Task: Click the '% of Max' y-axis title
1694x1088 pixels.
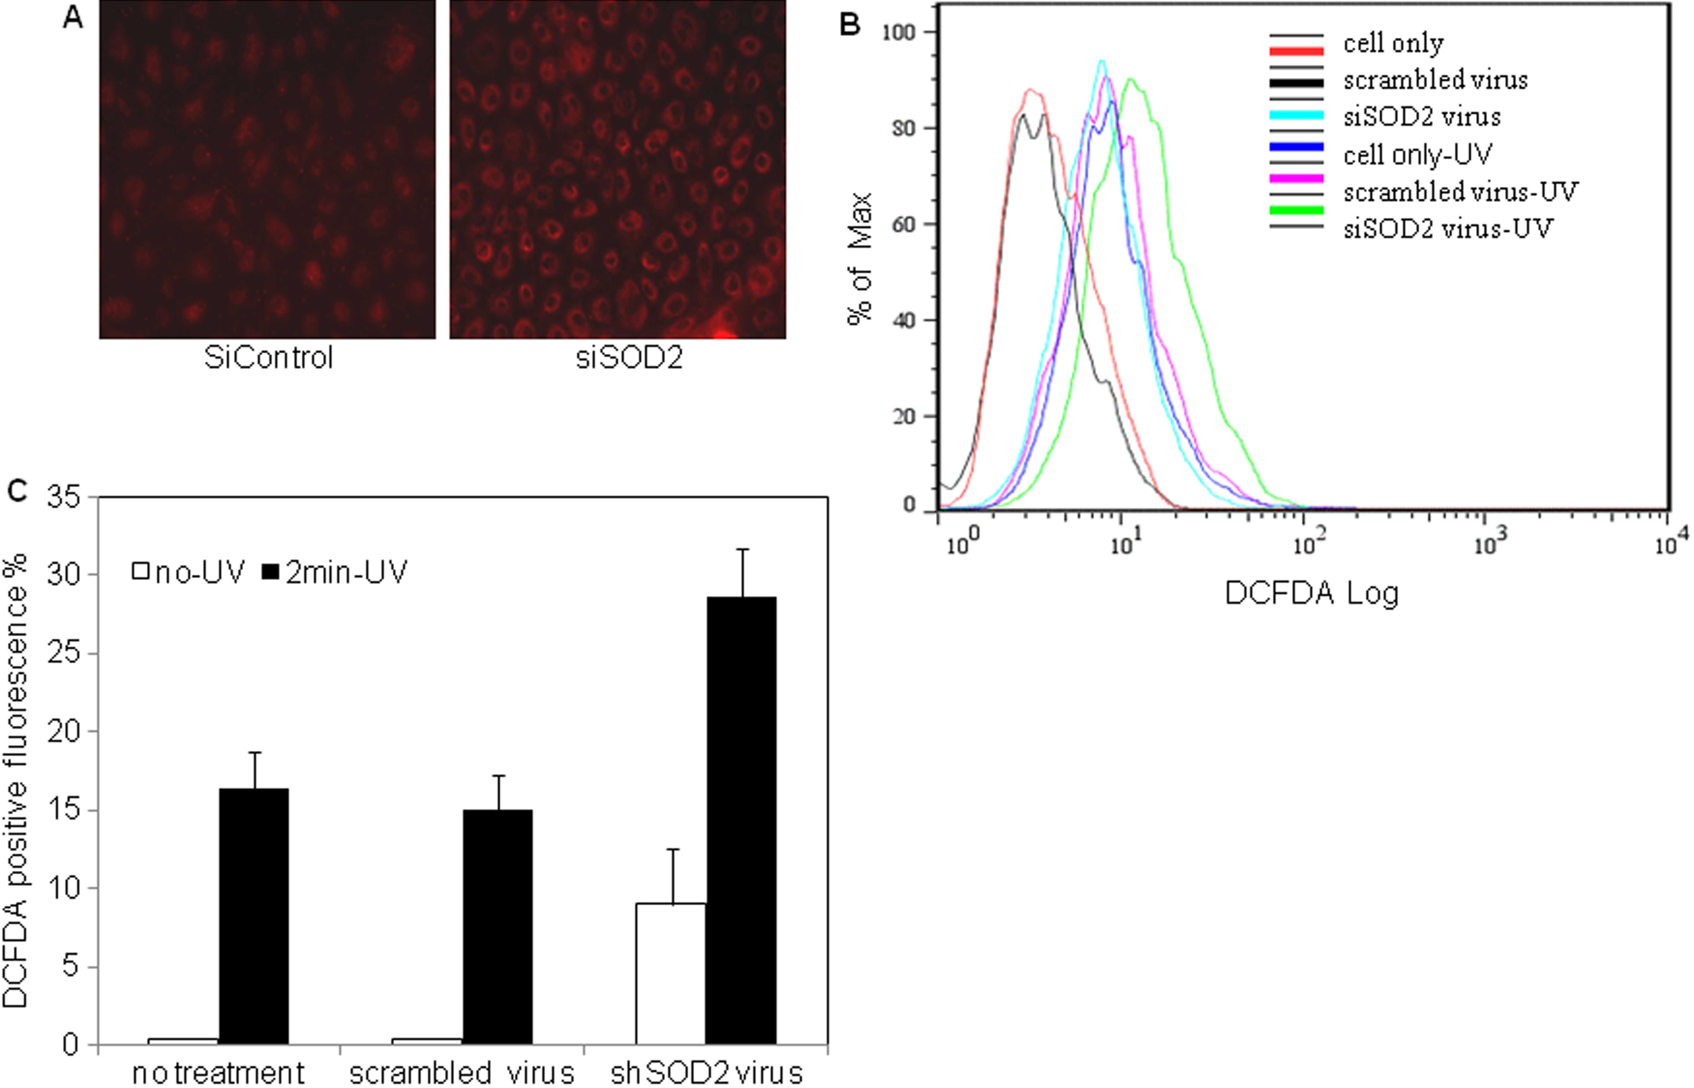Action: click(860, 258)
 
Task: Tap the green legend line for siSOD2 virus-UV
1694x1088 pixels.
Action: click(1296, 210)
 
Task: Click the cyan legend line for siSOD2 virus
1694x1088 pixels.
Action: click(1296, 115)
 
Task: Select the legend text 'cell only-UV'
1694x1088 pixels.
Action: click(1417, 154)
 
